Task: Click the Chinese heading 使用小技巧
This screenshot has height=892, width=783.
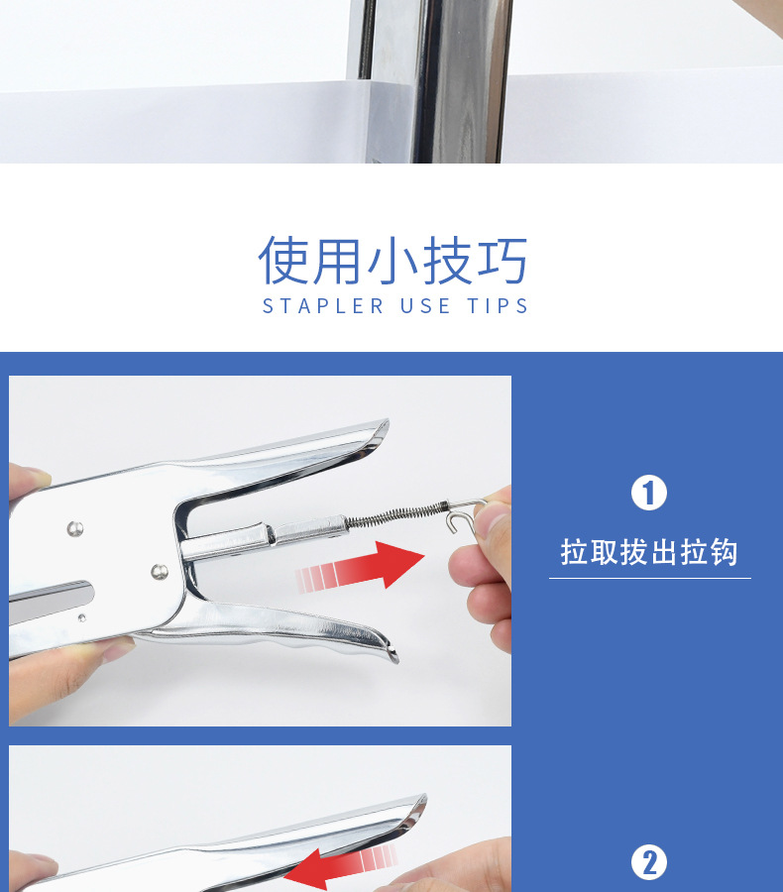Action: [392, 261]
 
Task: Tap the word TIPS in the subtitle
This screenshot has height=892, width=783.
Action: [498, 306]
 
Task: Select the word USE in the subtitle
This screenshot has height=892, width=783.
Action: [425, 306]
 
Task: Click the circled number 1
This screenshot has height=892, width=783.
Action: [649, 493]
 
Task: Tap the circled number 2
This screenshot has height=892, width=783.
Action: [649, 862]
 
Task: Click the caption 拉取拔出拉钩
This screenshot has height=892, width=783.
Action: [649, 552]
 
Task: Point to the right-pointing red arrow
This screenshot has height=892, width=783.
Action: [360, 567]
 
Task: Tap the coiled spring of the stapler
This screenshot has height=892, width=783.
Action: [396, 513]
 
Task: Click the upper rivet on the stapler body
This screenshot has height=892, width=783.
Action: [75, 529]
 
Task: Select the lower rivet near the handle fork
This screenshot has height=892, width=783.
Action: [160, 572]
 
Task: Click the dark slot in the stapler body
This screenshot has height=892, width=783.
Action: [52, 602]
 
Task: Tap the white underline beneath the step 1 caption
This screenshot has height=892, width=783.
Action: [650, 578]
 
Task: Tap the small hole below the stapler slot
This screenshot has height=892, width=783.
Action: [82, 617]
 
